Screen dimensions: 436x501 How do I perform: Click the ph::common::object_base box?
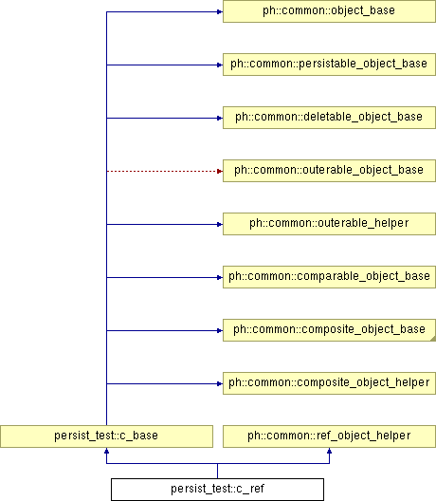329,11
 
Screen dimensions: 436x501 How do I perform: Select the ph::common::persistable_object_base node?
329,65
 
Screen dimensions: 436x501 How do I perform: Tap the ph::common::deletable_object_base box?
329,118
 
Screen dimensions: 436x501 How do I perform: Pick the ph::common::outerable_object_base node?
329,171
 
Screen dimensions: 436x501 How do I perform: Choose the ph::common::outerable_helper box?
329,224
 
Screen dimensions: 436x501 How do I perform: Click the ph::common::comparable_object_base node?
329,277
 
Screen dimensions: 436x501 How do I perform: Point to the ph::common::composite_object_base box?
329,330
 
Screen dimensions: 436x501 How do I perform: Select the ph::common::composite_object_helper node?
329,383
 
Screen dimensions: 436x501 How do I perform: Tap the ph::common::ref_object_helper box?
329,436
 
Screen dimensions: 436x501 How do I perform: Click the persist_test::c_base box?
106,436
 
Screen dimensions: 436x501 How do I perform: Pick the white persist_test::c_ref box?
217,490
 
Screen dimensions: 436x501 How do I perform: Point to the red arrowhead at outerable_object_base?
220,171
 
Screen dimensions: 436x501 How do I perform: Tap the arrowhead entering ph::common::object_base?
220,11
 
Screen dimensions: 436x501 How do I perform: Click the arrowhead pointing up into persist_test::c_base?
106,451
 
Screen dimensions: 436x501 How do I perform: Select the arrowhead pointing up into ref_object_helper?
330,451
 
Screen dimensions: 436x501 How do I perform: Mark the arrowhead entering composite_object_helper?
220,383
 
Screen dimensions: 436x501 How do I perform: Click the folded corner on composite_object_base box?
433,339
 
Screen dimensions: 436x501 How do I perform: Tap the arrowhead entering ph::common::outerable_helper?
220,224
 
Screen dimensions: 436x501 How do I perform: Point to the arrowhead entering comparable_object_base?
220,277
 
